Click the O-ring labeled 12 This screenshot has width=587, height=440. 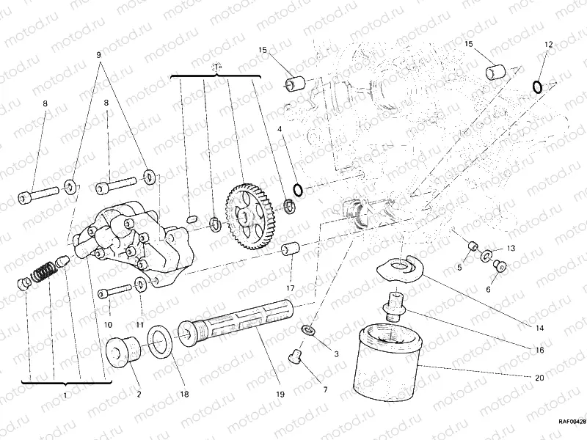(538, 87)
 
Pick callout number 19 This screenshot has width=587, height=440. (280, 395)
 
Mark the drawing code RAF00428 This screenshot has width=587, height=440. (570, 422)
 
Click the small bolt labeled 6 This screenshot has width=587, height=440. (500, 265)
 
